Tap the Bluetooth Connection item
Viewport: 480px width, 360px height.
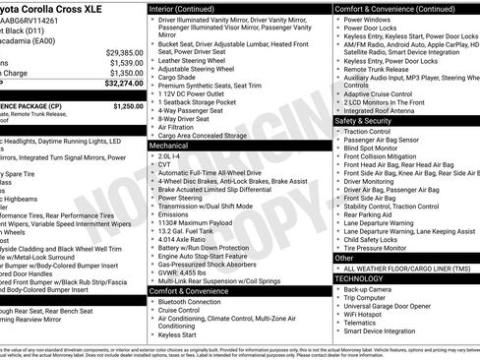pos(193,302)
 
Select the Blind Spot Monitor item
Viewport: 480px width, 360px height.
pos(374,147)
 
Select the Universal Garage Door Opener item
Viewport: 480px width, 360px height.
pos(393,303)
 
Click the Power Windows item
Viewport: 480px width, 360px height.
pos(370,19)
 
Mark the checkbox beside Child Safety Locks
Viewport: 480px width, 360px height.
pos(338,239)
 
